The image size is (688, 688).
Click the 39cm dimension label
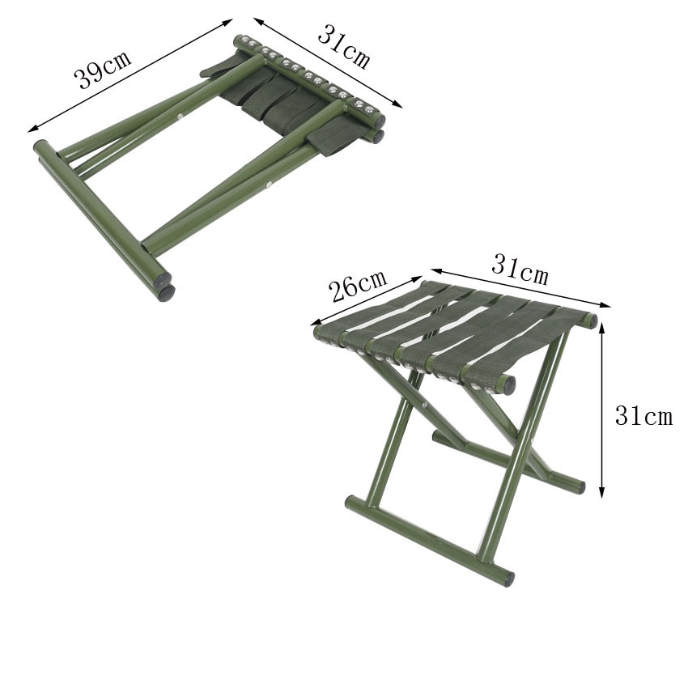(103, 70)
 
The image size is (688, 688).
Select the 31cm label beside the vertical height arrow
(643, 415)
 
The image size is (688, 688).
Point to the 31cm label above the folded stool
(343, 46)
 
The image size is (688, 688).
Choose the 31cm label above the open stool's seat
(520, 270)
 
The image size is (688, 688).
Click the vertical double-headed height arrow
(602, 410)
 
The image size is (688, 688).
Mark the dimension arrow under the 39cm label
(130, 75)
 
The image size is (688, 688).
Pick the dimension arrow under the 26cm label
(367, 300)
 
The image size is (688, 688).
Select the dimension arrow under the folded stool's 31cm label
(328, 62)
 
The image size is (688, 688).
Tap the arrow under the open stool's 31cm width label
(520, 288)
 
